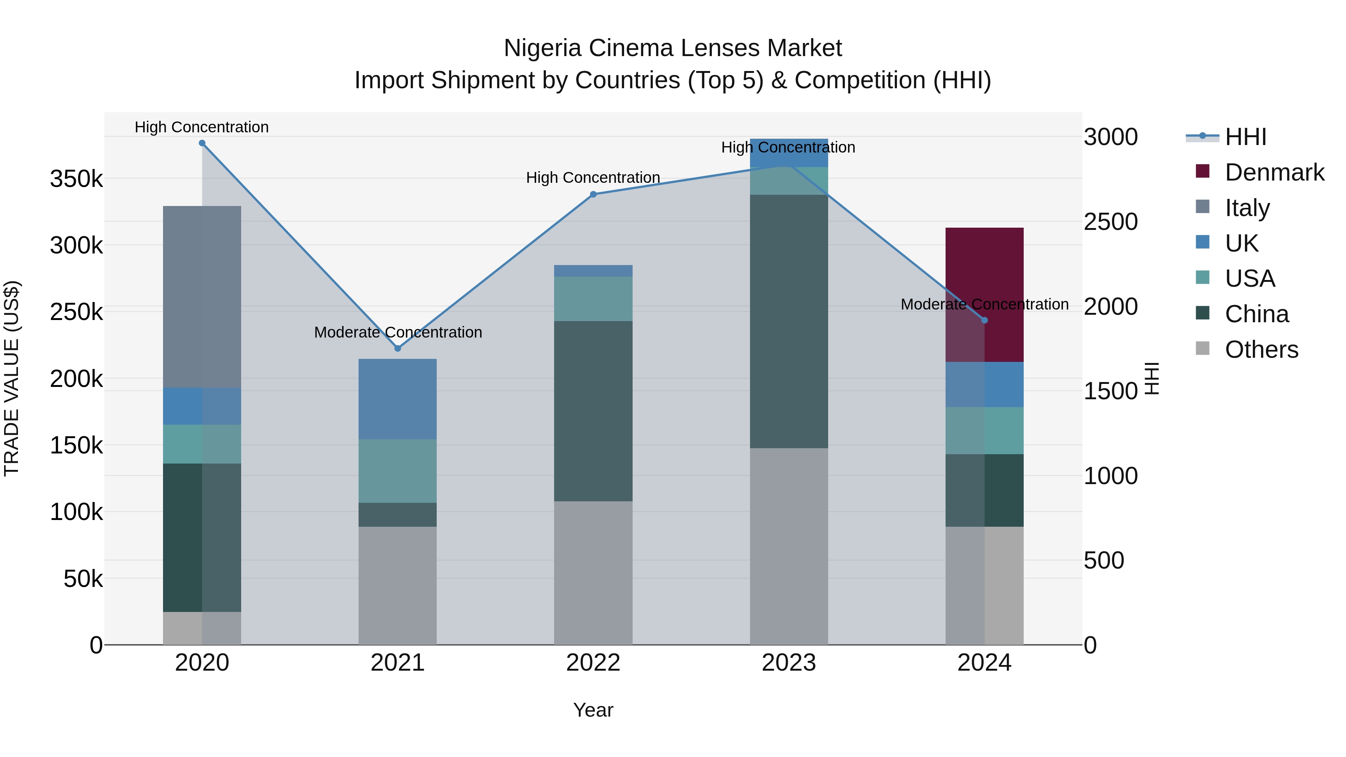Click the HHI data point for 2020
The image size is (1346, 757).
click(x=202, y=143)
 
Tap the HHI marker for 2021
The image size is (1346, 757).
click(x=398, y=348)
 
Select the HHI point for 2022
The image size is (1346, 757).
click(x=593, y=194)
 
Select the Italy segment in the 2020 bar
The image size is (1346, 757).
click(x=202, y=297)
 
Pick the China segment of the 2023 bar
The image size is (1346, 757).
click(x=789, y=321)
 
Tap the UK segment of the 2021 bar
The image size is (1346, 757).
click(x=398, y=399)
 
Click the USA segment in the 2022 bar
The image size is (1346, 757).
click(x=593, y=299)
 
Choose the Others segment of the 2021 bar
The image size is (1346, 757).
click(x=398, y=585)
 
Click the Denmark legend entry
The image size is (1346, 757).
click(x=1274, y=172)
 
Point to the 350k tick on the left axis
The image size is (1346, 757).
click(x=76, y=179)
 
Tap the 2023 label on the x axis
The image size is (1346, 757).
click(x=789, y=663)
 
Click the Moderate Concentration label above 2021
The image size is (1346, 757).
click(x=398, y=332)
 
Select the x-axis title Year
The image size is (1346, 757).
click(x=593, y=710)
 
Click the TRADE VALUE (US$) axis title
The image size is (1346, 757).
click(x=12, y=378)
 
